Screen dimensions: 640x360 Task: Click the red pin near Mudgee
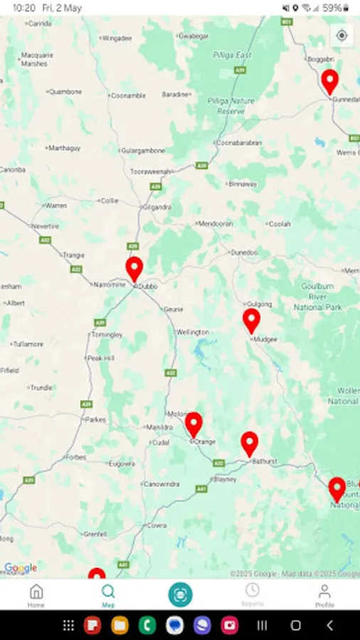click(x=251, y=320)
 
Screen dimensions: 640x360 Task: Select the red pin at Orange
click(x=194, y=424)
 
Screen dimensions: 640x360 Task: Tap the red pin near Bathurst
click(x=249, y=443)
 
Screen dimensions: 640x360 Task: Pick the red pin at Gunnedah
click(x=329, y=81)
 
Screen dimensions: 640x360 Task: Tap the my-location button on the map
click(x=342, y=36)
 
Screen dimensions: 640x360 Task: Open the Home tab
click(x=36, y=595)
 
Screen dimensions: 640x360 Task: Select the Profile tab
click(x=324, y=595)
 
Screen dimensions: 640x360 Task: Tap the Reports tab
click(x=252, y=595)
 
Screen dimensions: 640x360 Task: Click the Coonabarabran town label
click(x=240, y=143)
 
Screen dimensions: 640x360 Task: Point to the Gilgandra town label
click(x=157, y=207)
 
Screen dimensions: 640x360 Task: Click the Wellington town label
click(x=193, y=332)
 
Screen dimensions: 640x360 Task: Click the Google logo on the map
click(x=21, y=568)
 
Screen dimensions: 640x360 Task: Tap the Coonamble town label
click(x=129, y=95)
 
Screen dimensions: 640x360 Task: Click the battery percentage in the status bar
click(x=332, y=8)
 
